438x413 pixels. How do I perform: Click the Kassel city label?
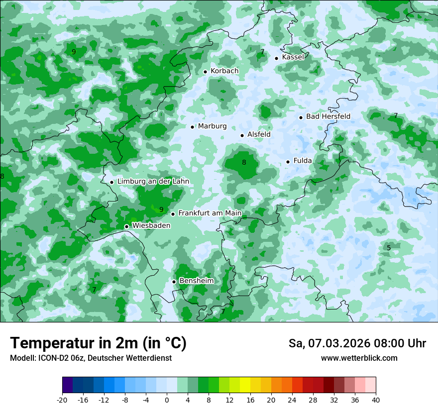click(x=293, y=57)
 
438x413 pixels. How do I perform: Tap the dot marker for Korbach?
click(x=205, y=72)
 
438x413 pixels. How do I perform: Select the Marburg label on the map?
click(x=212, y=126)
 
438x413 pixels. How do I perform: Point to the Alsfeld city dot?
click(x=242, y=135)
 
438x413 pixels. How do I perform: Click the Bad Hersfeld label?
click(x=328, y=116)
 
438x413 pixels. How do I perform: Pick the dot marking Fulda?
click(x=288, y=162)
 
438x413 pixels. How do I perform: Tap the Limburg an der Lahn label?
click(x=153, y=182)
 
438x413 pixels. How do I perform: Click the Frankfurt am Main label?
click(x=210, y=213)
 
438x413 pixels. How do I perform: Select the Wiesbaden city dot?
click(x=126, y=226)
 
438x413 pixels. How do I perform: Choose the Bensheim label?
click(x=196, y=281)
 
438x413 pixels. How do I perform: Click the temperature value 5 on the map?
click(x=389, y=248)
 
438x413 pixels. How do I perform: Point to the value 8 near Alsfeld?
click(x=244, y=162)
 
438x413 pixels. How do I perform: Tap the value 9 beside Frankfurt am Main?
click(x=161, y=209)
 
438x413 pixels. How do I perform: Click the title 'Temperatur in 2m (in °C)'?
click(x=98, y=343)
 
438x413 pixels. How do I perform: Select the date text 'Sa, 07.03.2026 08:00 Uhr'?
click(x=357, y=343)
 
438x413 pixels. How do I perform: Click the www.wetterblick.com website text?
click(x=359, y=358)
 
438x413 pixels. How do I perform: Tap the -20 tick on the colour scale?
click(x=62, y=400)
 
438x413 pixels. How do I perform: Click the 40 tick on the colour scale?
click(x=375, y=400)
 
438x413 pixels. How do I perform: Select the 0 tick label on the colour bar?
click(x=167, y=400)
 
